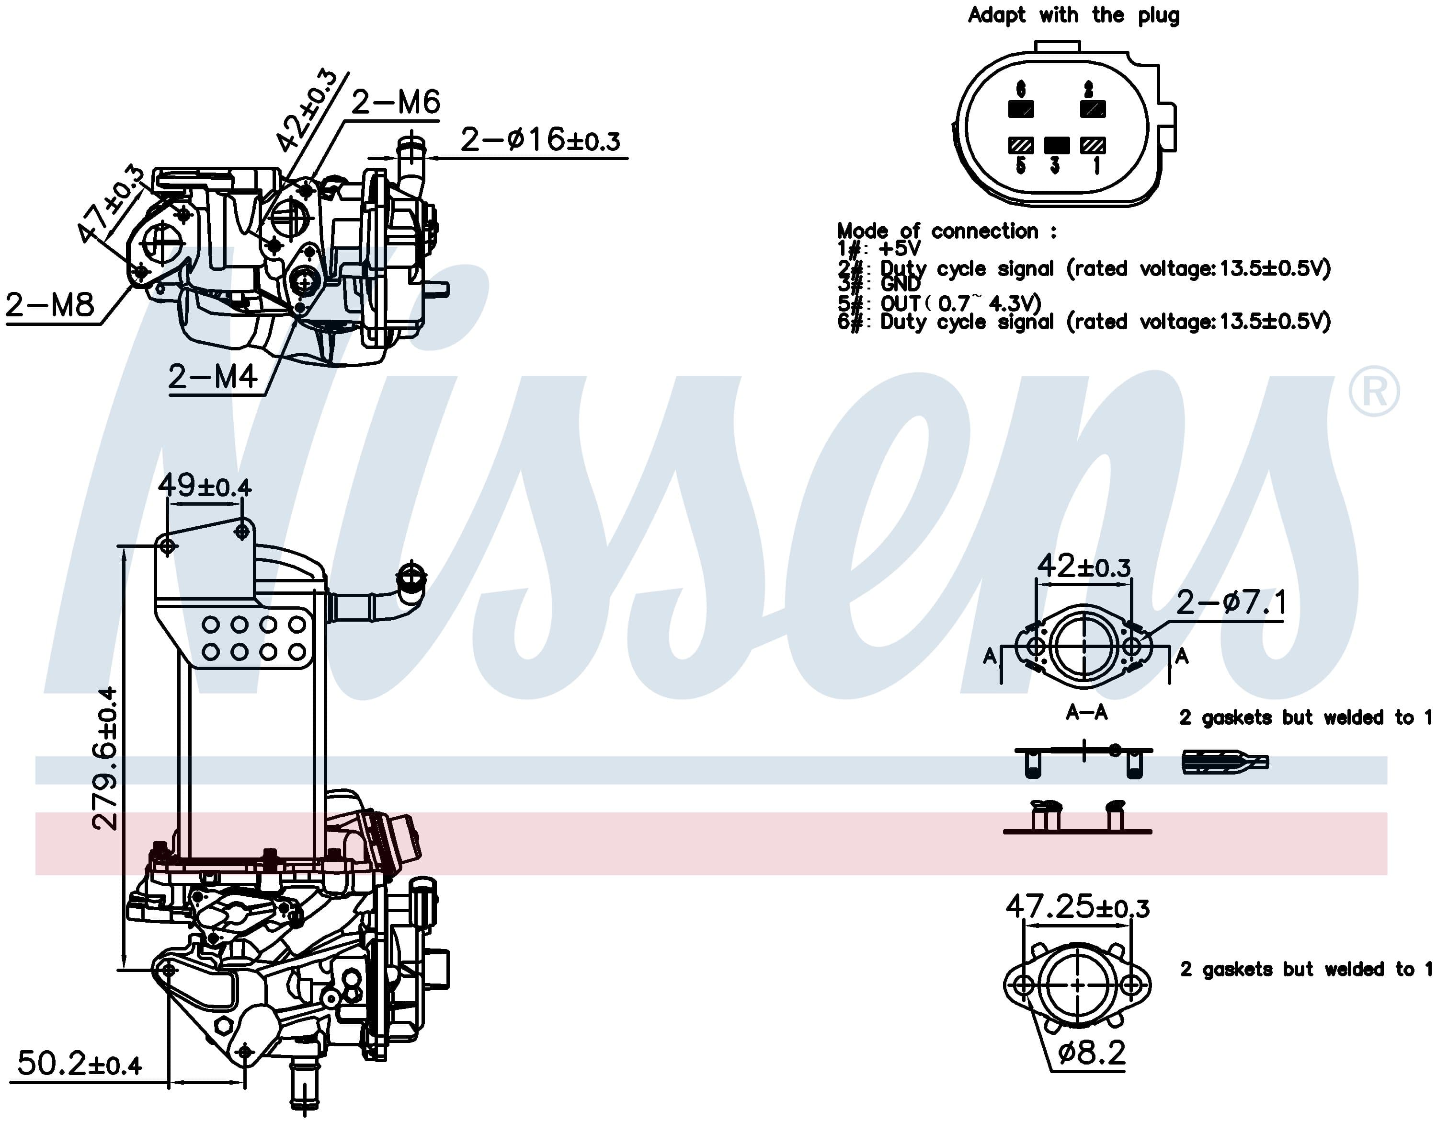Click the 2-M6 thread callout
pyautogui.click(x=396, y=102)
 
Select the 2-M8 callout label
pyautogui.click(x=50, y=305)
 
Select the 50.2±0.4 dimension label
pyautogui.click(x=79, y=1064)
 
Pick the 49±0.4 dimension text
pyautogui.click(x=204, y=486)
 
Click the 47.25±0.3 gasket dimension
pyautogui.click(x=1077, y=908)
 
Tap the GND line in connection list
pyautogui.click(x=900, y=284)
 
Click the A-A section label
pyautogui.click(x=1086, y=712)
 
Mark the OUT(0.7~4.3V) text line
pyautogui.click(x=960, y=303)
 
